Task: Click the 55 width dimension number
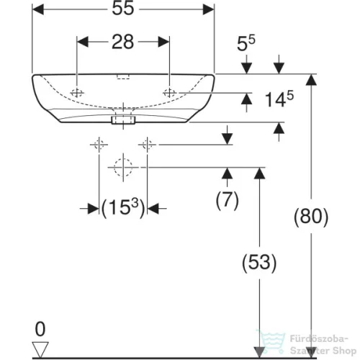tap(123, 9)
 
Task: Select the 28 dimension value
tap(123, 42)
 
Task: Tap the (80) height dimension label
tap(311, 216)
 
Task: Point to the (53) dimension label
tap(259, 262)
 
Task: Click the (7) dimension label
tap(228, 200)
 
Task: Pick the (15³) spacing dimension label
tap(123, 208)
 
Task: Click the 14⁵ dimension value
tap(279, 99)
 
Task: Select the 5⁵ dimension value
tap(246, 43)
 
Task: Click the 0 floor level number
tap(40, 329)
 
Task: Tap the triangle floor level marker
tap(40, 349)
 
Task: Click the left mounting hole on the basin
tap(77, 93)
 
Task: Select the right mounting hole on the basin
tap(170, 93)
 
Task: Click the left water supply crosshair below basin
tap(99, 145)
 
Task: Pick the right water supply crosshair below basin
tap(147, 145)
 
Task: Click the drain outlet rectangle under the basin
tap(123, 120)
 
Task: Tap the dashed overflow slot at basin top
tap(123, 77)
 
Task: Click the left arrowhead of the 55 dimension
tap(38, 9)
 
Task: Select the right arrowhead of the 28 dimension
tap(163, 42)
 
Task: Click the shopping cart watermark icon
tap(271, 341)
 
